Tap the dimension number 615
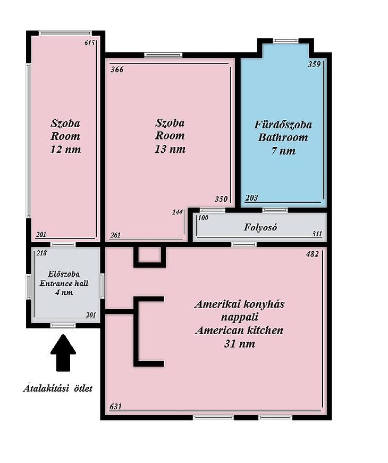pyautogui.click(x=89, y=43)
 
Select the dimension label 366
pyautogui.click(x=117, y=70)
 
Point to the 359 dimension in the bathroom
pyautogui.click(x=314, y=64)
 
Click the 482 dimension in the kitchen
pyautogui.click(x=313, y=254)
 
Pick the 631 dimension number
pyautogui.click(x=115, y=407)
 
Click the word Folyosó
pyautogui.click(x=260, y=227)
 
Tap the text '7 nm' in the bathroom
pyautogui.click(x=283, y=151)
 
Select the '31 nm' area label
pyautogui.click(x=239, y=344)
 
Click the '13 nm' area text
pyautogui.click(x=170, y=149)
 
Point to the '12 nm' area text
pyautogui.click(x=65, y=150)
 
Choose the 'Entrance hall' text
pyautogui.click(x=64, y=284)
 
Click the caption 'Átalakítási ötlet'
pyautogui.click(x=58, y=388)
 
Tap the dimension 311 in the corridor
pyautogui.click(x=317, y=234)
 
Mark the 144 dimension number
pyautogui.click(x=177, y=212)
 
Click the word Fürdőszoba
pyautogui.click(x=283, y=125)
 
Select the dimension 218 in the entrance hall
pyautogui.click(x=41, y=253)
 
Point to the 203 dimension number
pyautogui.click(x=251, y=198)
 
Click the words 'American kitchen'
pyautogui.click(x=239, y=330)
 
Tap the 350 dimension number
pyautogui.click(x=221, y=199)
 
